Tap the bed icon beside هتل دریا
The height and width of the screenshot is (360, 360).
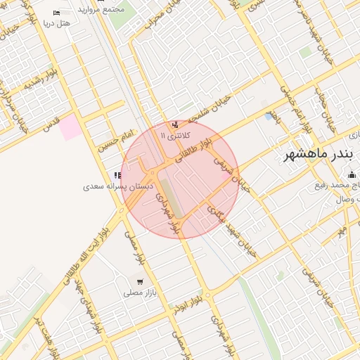click(57, 13)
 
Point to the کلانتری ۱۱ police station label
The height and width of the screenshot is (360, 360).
click(173, 135)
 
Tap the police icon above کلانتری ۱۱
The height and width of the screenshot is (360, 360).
click(174, 124)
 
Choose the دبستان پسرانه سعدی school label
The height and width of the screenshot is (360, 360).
click(104, 186)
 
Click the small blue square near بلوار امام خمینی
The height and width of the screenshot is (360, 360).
click(269, 116)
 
